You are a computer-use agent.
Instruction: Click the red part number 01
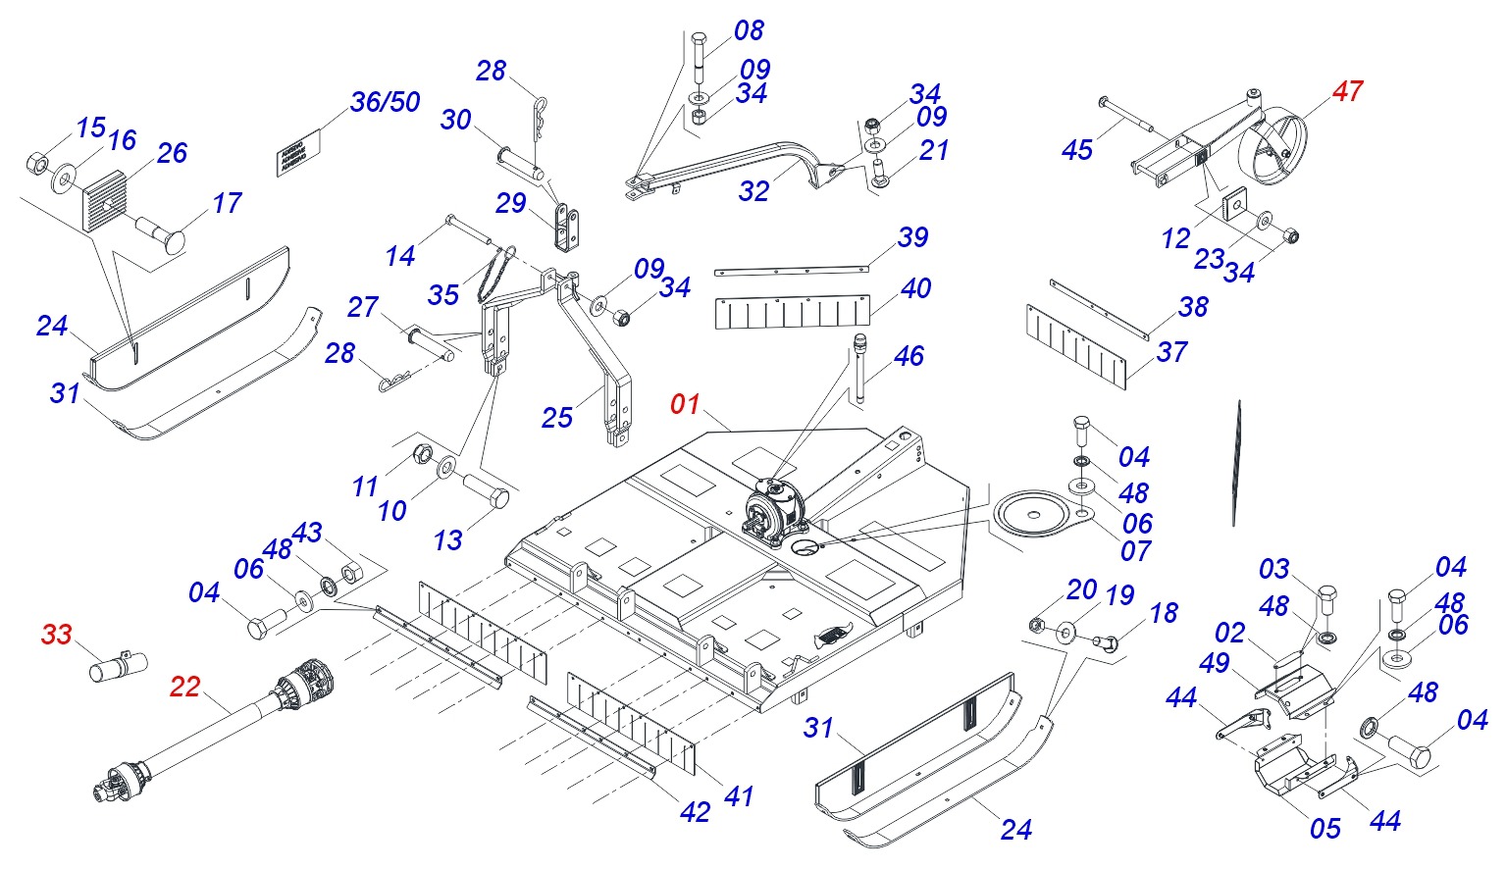pos(685,404)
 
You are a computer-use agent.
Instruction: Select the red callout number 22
pos(184,687)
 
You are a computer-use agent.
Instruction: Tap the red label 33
pos(56,635)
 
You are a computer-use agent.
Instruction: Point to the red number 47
pos(1347,91)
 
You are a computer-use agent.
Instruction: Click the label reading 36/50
pos(385,102)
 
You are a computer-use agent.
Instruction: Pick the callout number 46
pos(909,356)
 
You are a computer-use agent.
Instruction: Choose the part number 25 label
pos(556,418)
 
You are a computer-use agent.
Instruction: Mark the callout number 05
pos(1324,829)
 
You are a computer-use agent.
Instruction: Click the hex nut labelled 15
pos(35,161)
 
